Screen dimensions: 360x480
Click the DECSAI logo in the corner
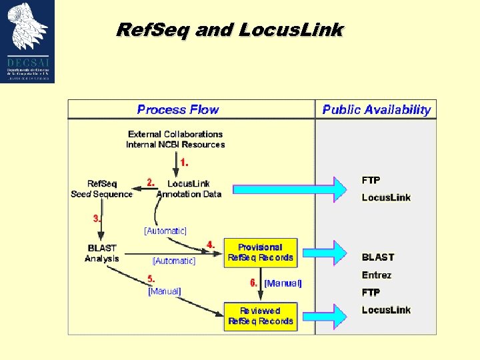(x=28, y=41)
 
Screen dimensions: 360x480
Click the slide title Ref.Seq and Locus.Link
(x=229, y=30)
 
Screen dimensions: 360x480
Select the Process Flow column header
(x=177, y=110)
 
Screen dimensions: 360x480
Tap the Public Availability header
(x=376, y=110)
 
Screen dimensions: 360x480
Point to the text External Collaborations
(x=175, y=134)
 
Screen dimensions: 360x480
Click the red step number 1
(x=185, y=162)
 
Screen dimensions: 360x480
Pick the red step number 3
(x=97, y=218)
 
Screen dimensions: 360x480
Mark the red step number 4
(x=211, y=245)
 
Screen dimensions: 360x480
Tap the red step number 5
(x=151, y=279)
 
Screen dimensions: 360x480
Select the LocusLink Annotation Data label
(x=189, y=189)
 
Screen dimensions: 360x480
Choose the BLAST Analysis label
(x=102, y=253)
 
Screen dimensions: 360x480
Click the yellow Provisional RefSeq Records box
(x=260, y=252)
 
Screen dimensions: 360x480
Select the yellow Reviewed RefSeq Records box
(x=260, y=316)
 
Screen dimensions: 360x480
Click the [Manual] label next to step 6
(x=283, y=283)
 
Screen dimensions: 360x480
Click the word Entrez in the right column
(x=377, y=275)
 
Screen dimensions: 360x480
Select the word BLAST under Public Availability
(x=378, y=257)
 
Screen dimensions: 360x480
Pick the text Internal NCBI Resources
(x=175, y=145)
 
